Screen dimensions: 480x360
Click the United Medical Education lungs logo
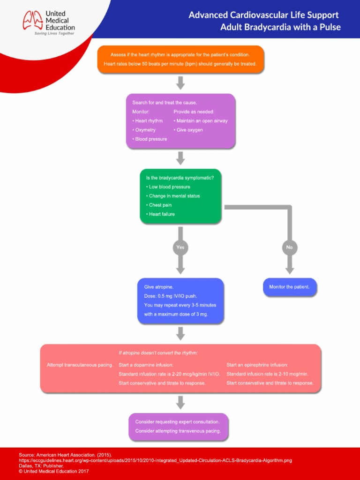tap(33, 21)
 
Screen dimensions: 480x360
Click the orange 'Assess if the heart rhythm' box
tap(180, 59)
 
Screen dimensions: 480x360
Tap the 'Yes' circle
tap(180, 247)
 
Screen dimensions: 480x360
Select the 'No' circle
tap(289, 247)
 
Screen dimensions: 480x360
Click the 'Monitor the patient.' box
tap(289, 287)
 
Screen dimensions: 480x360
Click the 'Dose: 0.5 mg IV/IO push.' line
tap(171, 296)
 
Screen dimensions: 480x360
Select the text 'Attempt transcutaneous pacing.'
tap(80, 365)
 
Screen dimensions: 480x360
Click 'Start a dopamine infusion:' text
tap(146, 365)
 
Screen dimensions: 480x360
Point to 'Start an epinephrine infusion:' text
tap(257, 365)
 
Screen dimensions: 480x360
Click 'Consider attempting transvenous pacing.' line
tap(178, 431)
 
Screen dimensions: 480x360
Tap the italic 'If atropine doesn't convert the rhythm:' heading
tap(158, 352)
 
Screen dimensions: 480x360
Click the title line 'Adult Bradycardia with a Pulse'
tap(280, 27)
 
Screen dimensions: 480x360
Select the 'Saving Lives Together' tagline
tap(54, 34)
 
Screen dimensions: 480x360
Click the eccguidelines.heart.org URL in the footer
tap(155, 460)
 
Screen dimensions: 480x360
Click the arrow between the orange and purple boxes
tap(180, 82)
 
